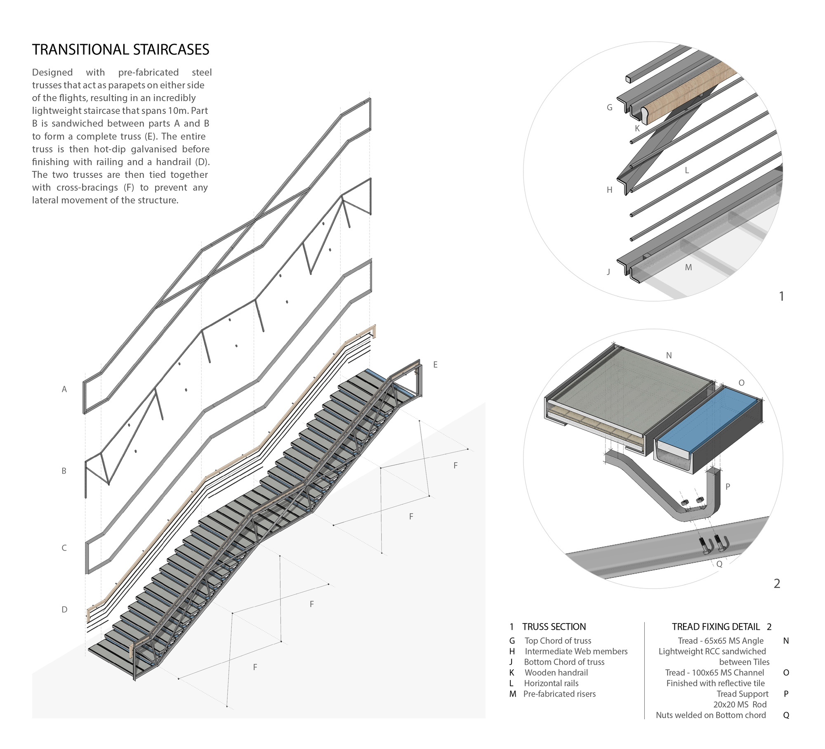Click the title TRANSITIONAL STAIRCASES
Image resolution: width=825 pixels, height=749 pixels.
point(120,50)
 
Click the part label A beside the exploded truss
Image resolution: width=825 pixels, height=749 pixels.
point(64,389)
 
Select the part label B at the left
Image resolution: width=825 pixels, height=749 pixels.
point(64,471)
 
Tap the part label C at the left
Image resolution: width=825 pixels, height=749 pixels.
point(64,548)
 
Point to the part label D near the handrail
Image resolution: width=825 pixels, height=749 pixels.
point(64,610)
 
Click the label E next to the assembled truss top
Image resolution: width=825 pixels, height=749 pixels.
point(435,365)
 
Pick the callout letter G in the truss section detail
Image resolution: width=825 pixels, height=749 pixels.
point(609,108)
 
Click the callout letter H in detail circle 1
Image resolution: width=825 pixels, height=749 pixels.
point(609,190)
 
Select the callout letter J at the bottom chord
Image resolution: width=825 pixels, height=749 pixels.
point(608,272)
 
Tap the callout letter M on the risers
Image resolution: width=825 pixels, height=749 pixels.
point(688,267)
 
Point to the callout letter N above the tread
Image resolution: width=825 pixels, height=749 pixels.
point(669,355)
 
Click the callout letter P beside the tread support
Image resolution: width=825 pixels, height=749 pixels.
point(728,487)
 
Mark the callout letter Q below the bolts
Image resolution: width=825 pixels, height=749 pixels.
point(719,564)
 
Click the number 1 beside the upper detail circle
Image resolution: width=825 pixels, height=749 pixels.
point(781,296)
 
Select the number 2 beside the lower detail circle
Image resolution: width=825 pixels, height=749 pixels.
point(777,584)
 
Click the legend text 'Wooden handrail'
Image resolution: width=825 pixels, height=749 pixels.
point(556,672)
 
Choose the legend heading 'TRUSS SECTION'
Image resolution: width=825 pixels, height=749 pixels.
point(554,626)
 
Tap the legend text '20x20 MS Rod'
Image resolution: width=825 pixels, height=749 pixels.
point(740,704)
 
